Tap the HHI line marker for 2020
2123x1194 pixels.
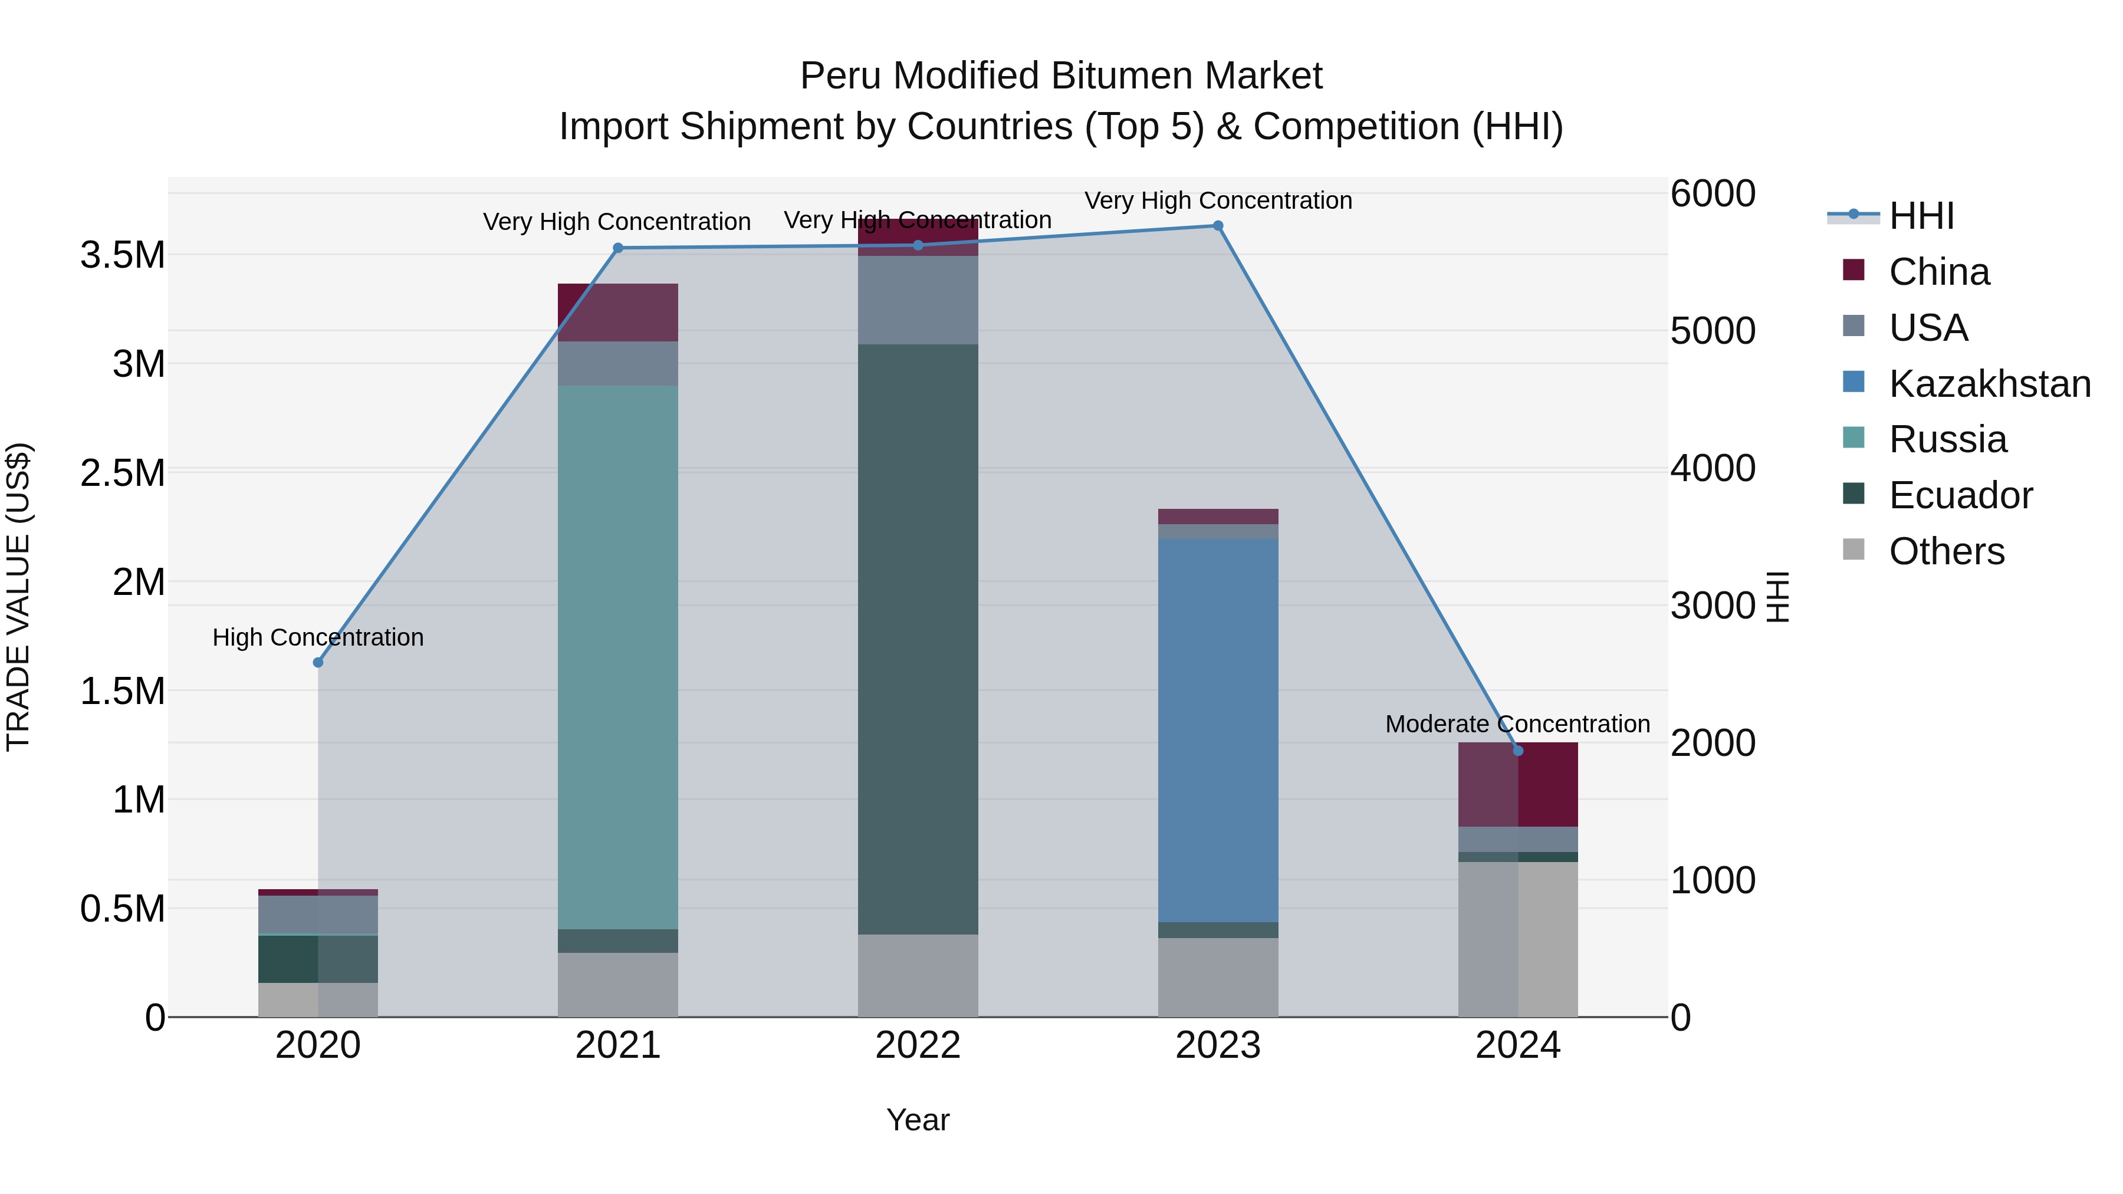pyautogui.click(x=318, y=663)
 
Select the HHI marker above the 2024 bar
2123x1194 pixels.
pyautogui.click(x=1518, y=751)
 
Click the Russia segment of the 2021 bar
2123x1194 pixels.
pyautogui.click(x=617, y=657)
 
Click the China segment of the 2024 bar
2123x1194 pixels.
pyautogui.click(x=1518, y=784)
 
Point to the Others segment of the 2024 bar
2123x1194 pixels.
pyautogui.click(x=1518, y=939)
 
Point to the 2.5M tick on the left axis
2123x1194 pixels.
pyautogui.click(x=122, y=473)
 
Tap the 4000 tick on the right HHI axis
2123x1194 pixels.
pyautogui.click(x=1712, y=468)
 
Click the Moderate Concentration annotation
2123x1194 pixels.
pyautogui.click(x=1517, y=724)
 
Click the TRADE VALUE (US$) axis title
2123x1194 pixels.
pyautogui.click(x=19, y=597)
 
